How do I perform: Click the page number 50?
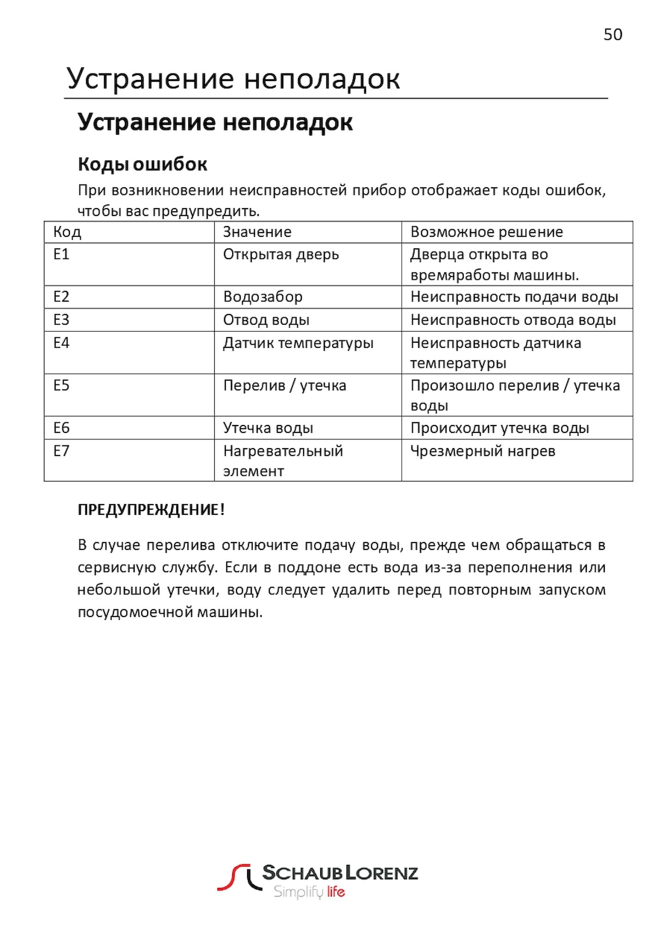click(x=613, y=35)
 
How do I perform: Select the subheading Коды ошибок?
click(x=142, y=164)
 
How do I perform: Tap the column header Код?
click(x=67, y=232)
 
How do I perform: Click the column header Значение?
click(x=257, y=232)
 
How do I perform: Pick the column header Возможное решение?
click(x=486, y=232)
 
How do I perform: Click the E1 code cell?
click(x=62, y=254)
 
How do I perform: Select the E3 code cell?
click(x=62, y=320)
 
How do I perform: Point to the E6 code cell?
click(x=62, y=428)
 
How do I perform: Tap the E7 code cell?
click(x=62, y=450)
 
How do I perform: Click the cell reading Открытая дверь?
click(x=281, y=254)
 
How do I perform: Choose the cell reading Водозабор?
click(x=263, y=297)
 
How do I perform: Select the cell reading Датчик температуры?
click(x=298, y=343)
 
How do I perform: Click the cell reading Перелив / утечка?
click(x=285, y=386)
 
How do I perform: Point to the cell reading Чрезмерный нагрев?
click(x=483, y=451)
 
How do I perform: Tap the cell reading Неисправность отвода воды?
click(x=513, y=320)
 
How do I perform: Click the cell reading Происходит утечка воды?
click(x=500, y=428)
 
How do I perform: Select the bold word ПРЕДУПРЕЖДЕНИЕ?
click(x=151, y=510)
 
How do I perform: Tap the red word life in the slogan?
click(x=336, y=892)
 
